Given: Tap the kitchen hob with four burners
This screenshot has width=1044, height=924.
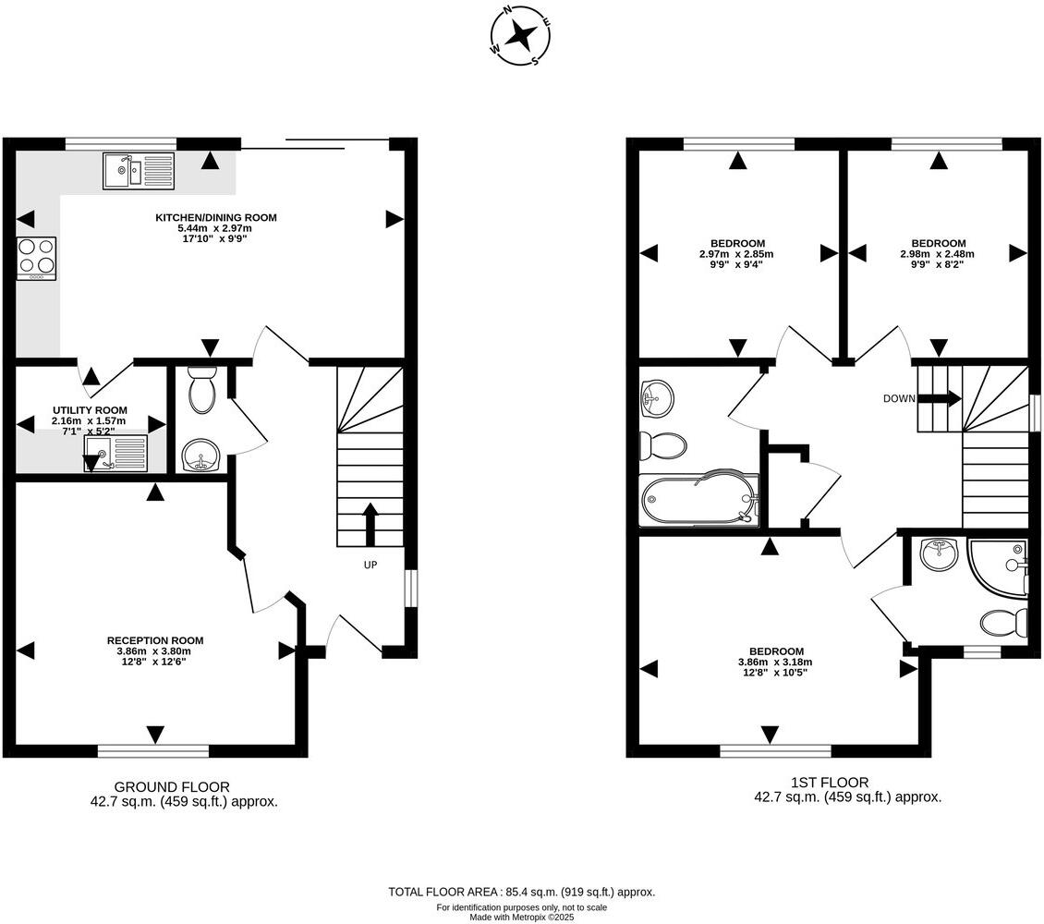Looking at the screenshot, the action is point(37,259).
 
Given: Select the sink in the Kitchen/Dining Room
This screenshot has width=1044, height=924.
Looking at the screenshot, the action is point(139,170).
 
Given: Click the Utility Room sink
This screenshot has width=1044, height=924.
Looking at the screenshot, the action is point(115,454).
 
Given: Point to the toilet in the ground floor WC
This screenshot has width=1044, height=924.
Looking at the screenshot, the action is point(201,389).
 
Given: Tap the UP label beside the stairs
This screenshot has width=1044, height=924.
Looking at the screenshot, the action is point(370,565).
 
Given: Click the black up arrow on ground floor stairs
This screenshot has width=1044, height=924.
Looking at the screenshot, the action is point(370,525).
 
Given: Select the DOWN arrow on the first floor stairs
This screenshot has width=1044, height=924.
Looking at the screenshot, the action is point(938,399).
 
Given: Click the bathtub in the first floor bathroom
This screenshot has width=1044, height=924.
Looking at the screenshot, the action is point(699,499).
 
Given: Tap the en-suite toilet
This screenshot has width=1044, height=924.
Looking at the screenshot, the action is point(1004,623).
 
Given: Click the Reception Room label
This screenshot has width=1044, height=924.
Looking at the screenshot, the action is point(155,640).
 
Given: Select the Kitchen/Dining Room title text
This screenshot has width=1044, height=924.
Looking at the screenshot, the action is point(215,218).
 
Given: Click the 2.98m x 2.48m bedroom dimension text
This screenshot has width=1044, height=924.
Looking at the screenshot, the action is point(938,253).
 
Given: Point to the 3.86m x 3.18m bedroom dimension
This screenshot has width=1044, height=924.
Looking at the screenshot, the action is point(775,662).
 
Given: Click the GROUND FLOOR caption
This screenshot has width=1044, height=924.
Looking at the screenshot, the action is point(172,787).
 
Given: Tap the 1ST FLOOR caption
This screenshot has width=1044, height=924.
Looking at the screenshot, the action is point(830,783).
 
